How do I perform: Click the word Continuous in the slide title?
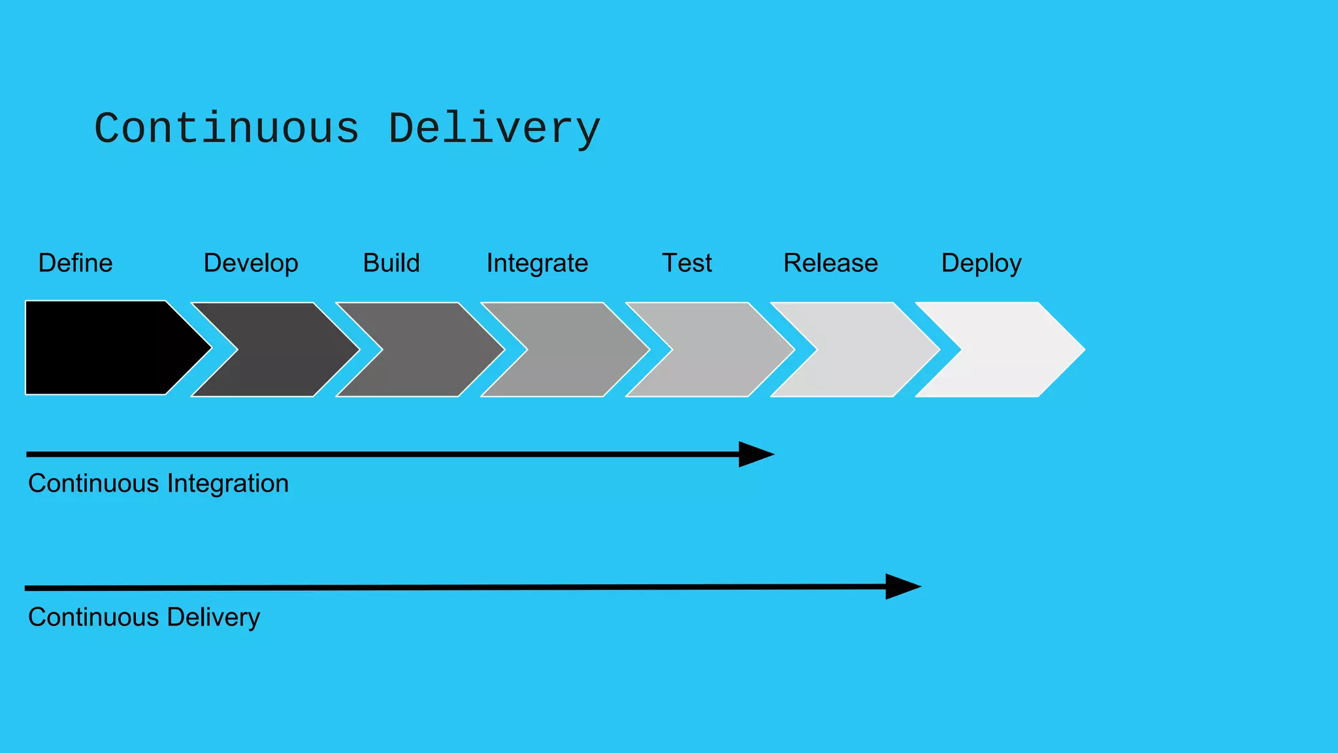point(227,128)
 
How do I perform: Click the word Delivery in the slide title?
point(494,129)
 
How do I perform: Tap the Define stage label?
point(75,263)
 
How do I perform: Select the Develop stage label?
point(251,263)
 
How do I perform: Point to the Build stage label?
point(391,263)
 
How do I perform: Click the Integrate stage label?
point(537,263)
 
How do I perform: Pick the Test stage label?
point(687,263)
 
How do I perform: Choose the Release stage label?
point(830,263)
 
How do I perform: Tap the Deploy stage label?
point(981,263)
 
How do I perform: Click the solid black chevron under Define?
point(105,348)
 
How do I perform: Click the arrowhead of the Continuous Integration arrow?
point(755,454)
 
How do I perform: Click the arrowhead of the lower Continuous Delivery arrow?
point(902,586)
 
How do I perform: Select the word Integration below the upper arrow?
point(227,484)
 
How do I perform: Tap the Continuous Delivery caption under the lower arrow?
point(144,617)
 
